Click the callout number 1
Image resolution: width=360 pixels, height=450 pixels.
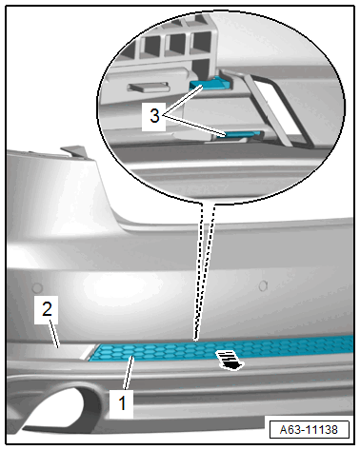[122, 403]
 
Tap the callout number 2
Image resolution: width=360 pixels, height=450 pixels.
[47, 309]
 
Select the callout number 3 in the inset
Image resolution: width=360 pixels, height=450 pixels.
[154, 115]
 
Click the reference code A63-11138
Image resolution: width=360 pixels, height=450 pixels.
[309, 430]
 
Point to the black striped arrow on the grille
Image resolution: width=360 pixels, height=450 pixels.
[230, 360]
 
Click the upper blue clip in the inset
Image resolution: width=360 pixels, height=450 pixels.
[210, 83]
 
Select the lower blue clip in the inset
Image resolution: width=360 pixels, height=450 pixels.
[242, 134]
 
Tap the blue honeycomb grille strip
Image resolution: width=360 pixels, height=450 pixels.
[222, 348]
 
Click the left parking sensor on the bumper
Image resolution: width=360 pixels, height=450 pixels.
[37, 287]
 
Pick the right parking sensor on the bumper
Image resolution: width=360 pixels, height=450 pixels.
[263, 285]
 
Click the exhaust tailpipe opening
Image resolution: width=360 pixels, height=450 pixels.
[54, 409]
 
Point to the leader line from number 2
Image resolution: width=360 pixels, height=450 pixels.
[54, 334]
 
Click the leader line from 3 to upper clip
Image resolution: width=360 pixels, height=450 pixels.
[184, 101]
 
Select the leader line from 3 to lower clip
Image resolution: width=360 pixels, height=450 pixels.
[195, 126]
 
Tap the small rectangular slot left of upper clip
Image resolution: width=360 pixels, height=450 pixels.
[148, 87]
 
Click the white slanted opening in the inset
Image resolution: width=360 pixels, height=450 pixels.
[277, 105]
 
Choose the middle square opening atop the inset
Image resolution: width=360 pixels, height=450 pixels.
[176, 44]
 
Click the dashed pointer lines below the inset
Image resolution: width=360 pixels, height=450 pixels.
[203, 272]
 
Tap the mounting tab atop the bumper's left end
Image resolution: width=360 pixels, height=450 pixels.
[74, 151]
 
